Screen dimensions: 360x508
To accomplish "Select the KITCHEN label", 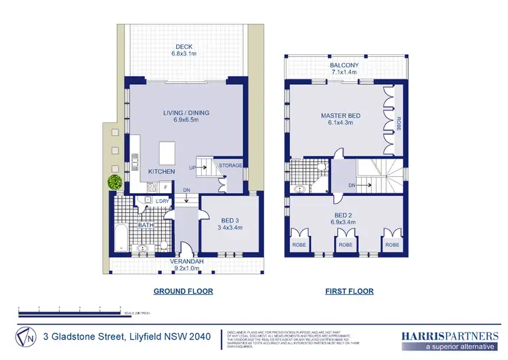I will click(x=162, y=172).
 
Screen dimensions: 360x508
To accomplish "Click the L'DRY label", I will click(x=162, y=201).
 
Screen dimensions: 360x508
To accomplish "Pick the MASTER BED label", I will click(x=340, y=116).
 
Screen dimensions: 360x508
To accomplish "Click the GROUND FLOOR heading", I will click(x=183, y=292).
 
